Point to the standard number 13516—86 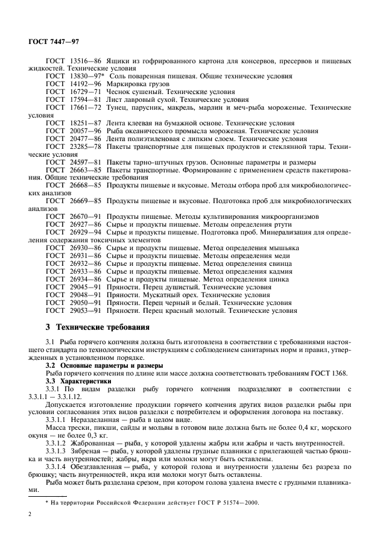[84, 61]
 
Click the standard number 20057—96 [84, 130]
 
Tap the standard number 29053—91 [84, 310]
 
